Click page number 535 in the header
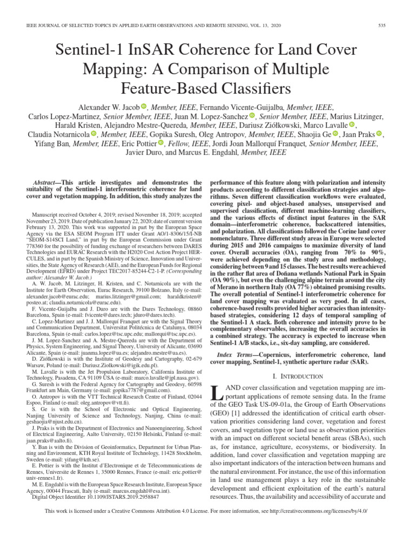[x=381, y=26]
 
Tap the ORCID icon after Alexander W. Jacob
[x=143, y=107]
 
